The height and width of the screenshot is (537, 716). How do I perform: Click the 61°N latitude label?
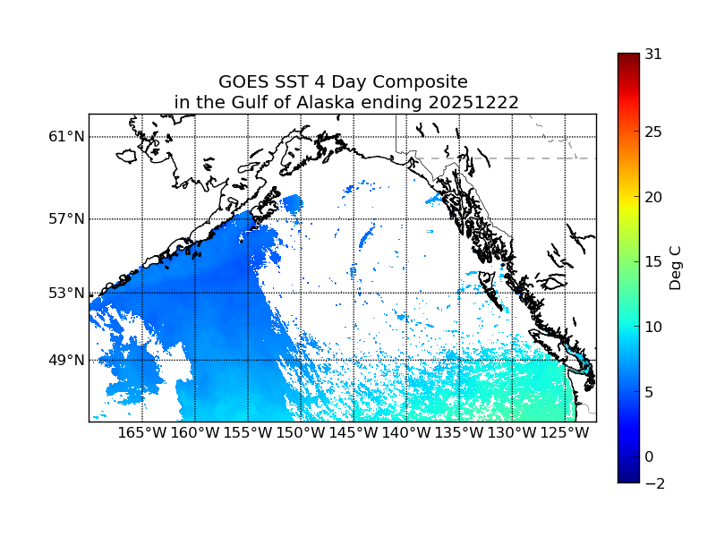pyautogui.click(x=66, y=137)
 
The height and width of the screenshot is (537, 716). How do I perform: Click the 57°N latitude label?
pyautogui.click(x=66, y=219)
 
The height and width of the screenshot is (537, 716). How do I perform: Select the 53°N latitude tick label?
pyautogui.click(x=66, y=293)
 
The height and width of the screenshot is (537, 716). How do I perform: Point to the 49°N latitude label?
pyautogui.click(x=66, y=361)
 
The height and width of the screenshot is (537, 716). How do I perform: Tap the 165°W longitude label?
pyautogui.click(x=142, y=433)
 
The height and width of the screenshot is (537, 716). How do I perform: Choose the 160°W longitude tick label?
pyautogui.click(x=195, y=433)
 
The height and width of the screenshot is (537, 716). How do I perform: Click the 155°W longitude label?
pyautogui.click(x=248, y=433)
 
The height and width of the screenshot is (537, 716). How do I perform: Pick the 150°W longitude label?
pyautogui.click(x=301, y=433)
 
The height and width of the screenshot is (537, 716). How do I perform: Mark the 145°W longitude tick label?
pyautogui.click(x=354, y=433)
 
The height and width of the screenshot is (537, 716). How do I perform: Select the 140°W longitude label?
pyautogui.click(x=406, y=433)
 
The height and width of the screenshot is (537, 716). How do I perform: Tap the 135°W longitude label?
pyautogui.click(x=459, y=433)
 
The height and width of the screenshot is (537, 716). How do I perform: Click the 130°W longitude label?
pyautogui.click(x=512, y=433)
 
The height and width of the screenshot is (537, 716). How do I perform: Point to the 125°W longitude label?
pyautogui.click(x=565, y=433)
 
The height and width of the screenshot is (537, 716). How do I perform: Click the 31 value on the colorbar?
pyautogui.click(x=653, y=54)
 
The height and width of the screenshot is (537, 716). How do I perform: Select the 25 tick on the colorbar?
pyautogui.click(x=653, y=132)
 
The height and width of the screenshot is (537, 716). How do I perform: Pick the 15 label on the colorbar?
pyautogui.click(x=653, y=262)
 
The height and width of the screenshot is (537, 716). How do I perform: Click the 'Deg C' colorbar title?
pyautogui.click(x=677, y=268)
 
